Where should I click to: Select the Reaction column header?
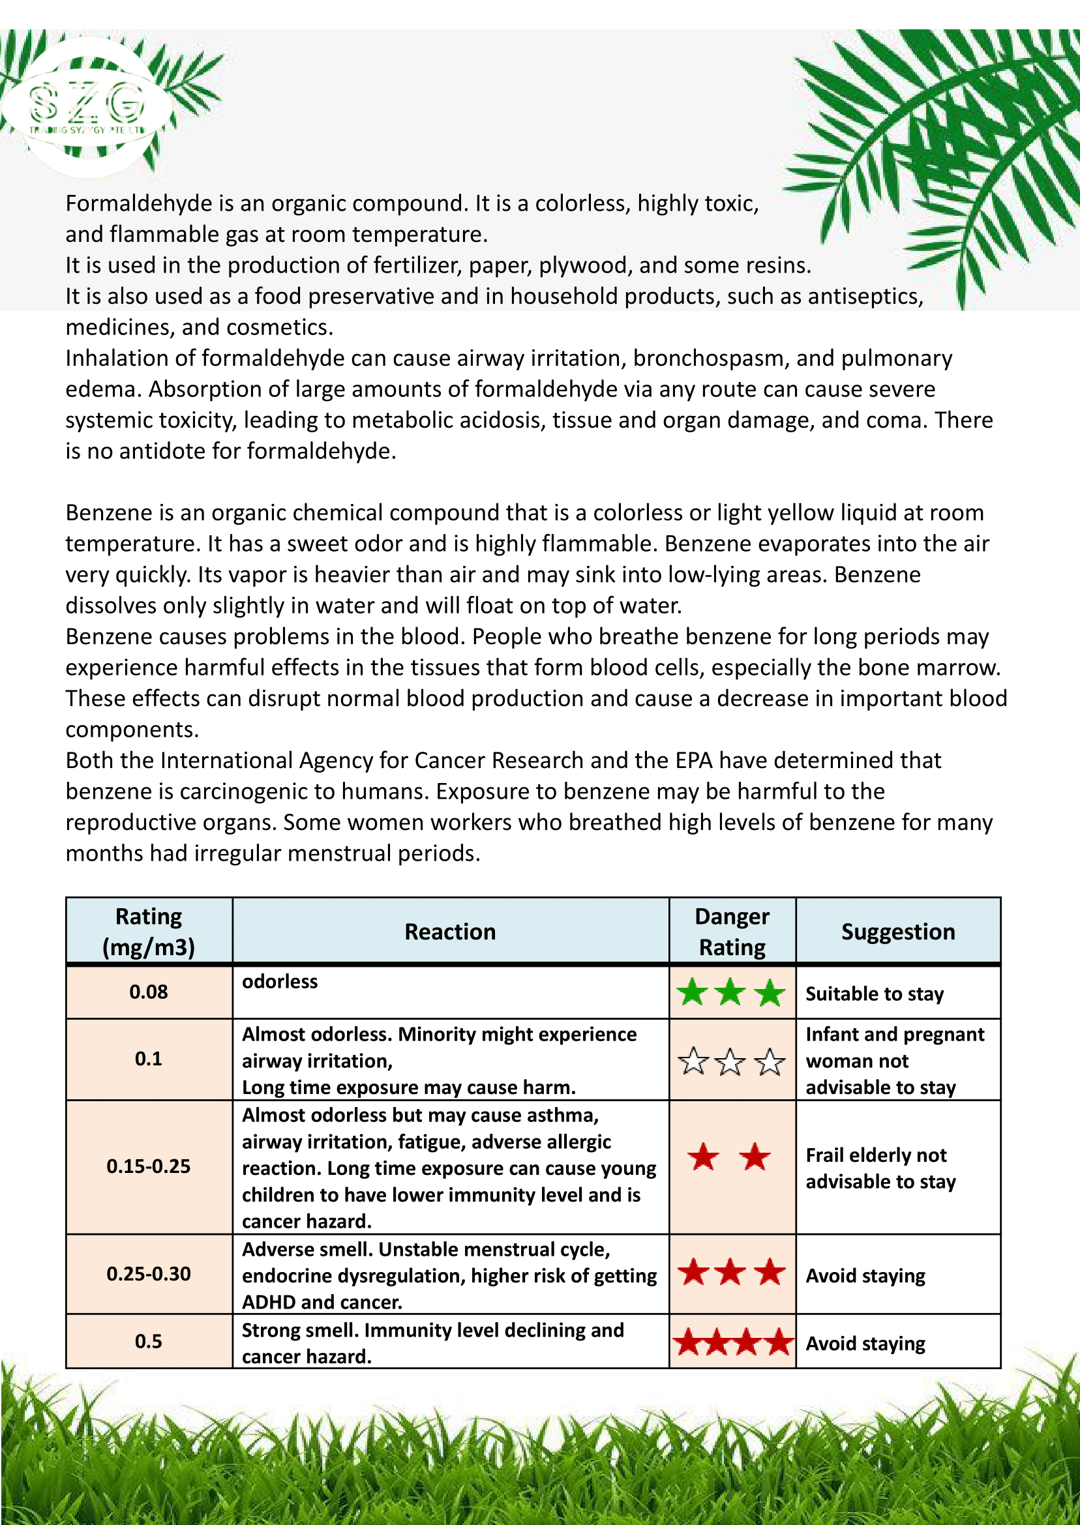[x=450, y=931]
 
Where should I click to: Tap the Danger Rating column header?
[x=732, y=931]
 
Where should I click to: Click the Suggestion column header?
[x=898, y=931]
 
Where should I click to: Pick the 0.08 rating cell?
[x=148, y=992]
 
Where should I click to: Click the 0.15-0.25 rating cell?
[x=148, y=1166]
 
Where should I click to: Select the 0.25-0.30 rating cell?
[x=148, y=1274]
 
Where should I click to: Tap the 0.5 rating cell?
[x=148, y=1341]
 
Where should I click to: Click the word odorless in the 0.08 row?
[x=280, y=981]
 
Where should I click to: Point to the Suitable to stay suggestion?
[x=875, y=994]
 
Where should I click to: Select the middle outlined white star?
[x=731, y=1061]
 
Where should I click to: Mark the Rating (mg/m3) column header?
[x=148, y=931]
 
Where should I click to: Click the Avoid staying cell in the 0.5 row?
[x=865, y=1344]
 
